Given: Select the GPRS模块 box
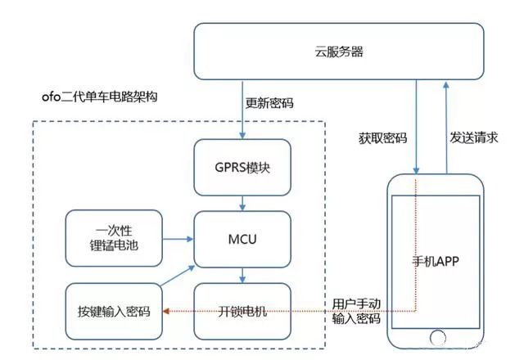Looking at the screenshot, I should [242, 167].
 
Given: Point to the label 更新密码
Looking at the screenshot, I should [270, 104].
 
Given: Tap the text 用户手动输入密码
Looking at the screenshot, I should [357, 310].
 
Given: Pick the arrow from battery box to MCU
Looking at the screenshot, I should [178, 238].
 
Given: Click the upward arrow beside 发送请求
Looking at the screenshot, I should [447, 123].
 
